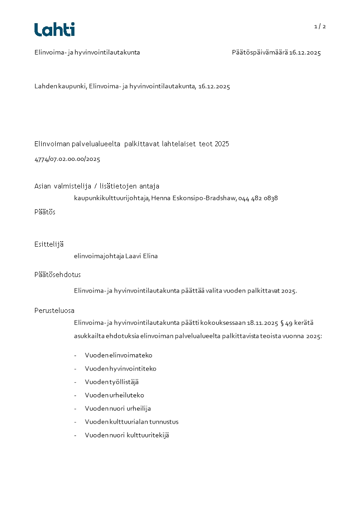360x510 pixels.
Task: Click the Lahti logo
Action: pos(54,30)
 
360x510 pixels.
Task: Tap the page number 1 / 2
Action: pos(320,26)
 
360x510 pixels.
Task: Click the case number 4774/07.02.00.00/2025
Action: pos(67,159)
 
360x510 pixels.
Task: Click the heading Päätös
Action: pos(45,212)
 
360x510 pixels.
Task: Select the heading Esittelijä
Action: pos(49,244)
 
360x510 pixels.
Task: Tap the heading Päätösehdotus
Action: pos(58,275)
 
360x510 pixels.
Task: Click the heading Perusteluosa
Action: pos(54,311)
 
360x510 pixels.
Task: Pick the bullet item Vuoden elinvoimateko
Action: pos(118,356)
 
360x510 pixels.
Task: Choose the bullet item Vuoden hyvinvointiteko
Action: pos(120,369)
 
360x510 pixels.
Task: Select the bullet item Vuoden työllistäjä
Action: pos(112,382)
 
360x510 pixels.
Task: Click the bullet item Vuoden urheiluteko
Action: pos(114,396)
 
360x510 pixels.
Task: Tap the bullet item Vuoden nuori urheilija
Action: pos(118,409)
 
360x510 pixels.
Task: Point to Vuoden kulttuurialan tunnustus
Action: pos(132,422)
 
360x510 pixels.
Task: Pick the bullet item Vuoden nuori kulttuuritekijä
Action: pos(127,435)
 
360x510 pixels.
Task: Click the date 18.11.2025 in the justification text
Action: pos(262,323)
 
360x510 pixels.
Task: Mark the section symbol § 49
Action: pos(286,323)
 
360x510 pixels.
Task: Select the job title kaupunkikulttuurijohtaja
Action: pos(112,198)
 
